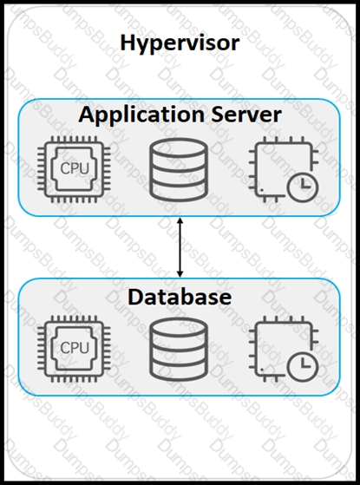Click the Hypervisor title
tap(180, 43)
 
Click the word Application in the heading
tap(141, 115)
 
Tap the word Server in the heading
tap(246, 115)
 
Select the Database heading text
tap(180, 297)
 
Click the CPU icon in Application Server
tap(74, 169)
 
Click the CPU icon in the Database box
tap(74, 349)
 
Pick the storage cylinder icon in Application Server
tap(179, 169)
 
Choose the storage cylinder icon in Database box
tap(179, 349)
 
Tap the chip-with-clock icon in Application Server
tap(284, 169)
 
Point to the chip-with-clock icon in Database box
tap(284, 349)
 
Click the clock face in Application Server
tap(303, 187)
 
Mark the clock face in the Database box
tap(303, 366)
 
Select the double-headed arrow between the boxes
tap(180, 247)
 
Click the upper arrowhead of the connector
tap(180, 221)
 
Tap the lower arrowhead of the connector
tap(180, 274)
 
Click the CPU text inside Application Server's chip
tap(75, 168)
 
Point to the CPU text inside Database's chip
tap(75, 348)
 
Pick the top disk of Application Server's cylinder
tap(179, 148)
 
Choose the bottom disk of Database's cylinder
tap(179, 371)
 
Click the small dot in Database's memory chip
tap(262, 370)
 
